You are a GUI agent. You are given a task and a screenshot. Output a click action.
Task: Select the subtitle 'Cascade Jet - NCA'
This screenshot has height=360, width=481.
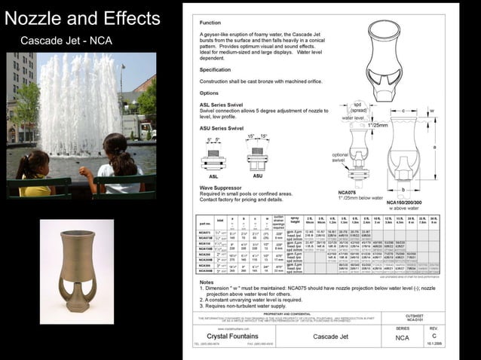pyautogui.click(x=66, y=41)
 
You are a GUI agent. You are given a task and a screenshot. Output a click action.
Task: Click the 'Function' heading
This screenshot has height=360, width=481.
pyautogui.click(x=210, y=23)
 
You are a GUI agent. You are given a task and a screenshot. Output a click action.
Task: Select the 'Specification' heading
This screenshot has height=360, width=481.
pyautogui.click(x=215, y=69)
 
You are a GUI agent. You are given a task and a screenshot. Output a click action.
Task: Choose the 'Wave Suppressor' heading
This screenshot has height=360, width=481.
pyautogui.click(x=218, y=187)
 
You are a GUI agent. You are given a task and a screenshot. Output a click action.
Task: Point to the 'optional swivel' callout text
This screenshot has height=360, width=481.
pyautogui.click(x=341, y=157)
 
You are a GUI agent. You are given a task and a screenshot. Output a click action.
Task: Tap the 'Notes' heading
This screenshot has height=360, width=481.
pyautogui.click(x=207, y=282)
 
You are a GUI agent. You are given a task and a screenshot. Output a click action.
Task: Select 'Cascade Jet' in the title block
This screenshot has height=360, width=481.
pyautogui.click(x=329, y=337)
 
